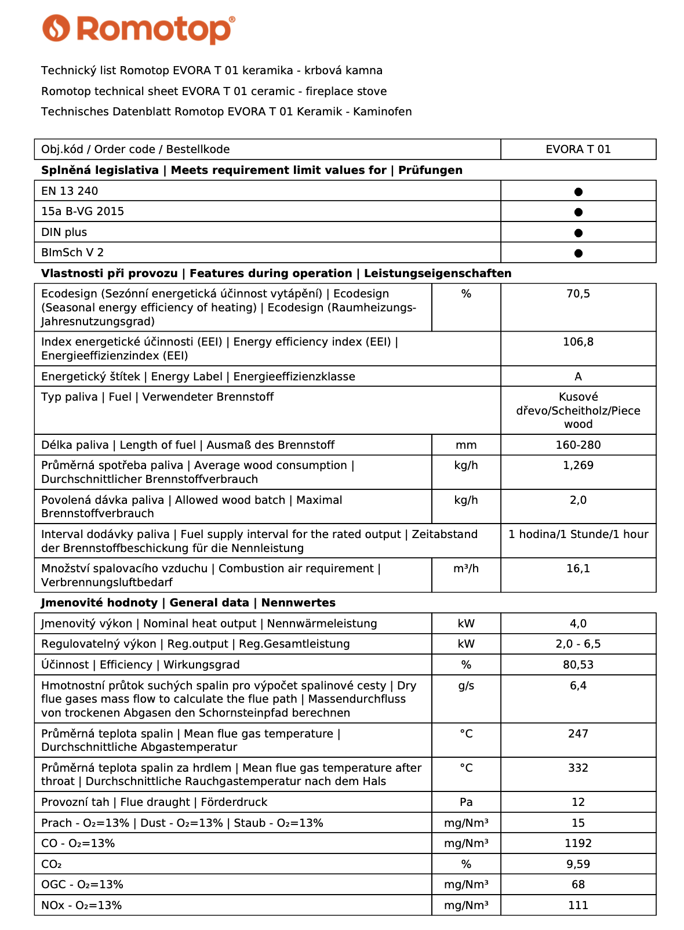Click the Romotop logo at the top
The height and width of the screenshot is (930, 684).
click(x=139, y=29)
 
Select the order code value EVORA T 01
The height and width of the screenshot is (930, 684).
click(x=578, y=150)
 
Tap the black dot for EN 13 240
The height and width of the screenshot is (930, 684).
click(x=578, y=192)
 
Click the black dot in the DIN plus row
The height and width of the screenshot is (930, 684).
click(x=578, y=233)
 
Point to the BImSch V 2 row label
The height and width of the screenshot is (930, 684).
click(x=72, y=253)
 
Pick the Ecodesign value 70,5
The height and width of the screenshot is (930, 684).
click(x=578, y=294)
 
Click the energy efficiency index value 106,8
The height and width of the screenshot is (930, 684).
click(x=578, y=342)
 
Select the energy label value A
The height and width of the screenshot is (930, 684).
click(x=578, y=377)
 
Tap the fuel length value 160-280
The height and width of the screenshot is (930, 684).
click(x=578, y=445)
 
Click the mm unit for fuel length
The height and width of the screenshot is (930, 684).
click(x=466, y=445)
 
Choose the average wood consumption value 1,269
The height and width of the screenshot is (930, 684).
click(x=578, y=466)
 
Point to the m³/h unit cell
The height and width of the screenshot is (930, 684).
click(x=466, y=569)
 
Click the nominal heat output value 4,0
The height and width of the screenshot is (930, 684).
click(x=578, y=624)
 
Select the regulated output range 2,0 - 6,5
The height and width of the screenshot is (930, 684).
click(x=578, y=644)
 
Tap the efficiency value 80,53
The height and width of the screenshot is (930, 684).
click(x=578, y=665)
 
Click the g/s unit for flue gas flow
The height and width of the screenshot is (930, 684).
click(x=466, y=686)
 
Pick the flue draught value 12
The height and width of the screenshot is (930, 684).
click(x=578, y=802)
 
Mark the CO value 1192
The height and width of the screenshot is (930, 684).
click(x=578, y=844)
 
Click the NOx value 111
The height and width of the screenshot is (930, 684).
click(x=578, y=906)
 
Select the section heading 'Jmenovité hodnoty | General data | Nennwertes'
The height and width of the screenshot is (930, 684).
click(x=188, y=603)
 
